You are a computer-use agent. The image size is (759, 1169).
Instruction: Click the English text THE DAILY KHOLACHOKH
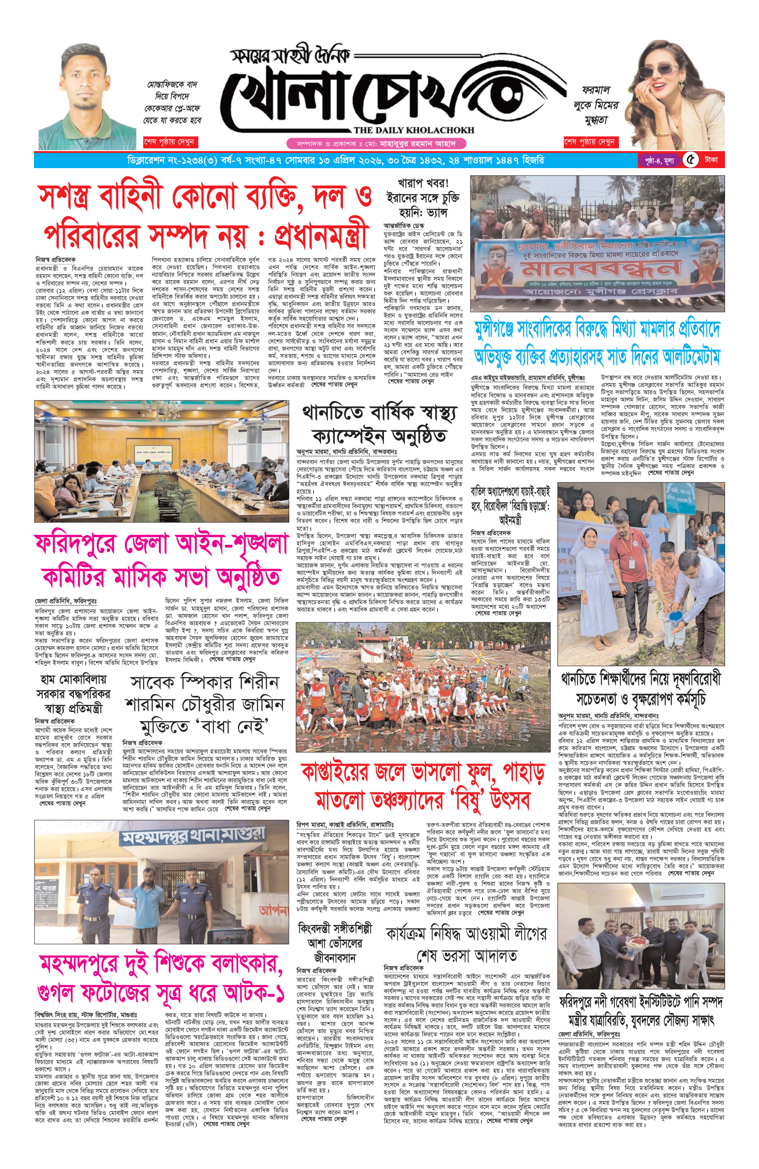413,130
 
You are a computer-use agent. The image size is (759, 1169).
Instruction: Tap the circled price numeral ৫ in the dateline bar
691,160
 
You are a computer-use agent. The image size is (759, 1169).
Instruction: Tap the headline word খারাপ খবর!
423,183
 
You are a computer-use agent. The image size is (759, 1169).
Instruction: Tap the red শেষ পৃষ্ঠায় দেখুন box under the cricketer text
169,142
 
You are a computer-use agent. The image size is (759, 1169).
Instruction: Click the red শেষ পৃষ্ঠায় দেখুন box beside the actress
589,142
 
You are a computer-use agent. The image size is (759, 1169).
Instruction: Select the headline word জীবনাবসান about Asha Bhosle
334,957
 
